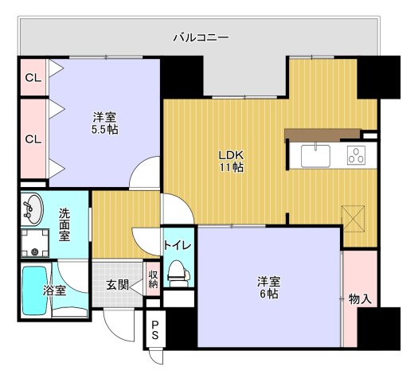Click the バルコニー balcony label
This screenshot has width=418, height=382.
202,37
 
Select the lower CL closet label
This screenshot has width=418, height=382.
32,139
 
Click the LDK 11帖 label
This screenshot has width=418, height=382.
232,161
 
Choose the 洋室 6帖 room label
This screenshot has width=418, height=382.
268,287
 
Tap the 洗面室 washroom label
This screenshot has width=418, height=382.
64,224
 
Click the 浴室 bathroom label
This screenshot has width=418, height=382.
54,290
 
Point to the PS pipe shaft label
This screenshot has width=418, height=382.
154,330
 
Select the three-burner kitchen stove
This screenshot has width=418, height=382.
356,156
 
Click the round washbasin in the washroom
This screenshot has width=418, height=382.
33,209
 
